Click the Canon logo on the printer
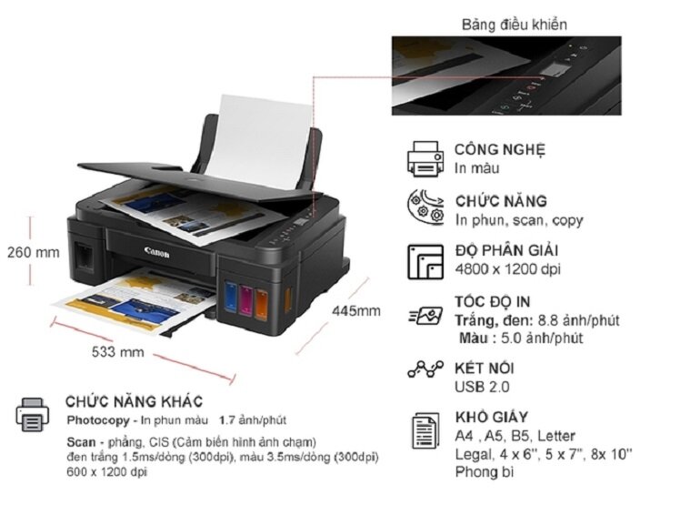[156, 253]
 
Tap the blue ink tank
[231, 297]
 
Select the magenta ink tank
[246, 300]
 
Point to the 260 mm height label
[34, 252]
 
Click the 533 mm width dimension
[118, 352]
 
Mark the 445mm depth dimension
[356, 311]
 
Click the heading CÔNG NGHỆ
[500, 150]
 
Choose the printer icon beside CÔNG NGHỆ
[425, 158]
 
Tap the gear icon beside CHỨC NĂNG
[425, 208]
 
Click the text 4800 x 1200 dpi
[508, 269]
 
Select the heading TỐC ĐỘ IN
[493, 301]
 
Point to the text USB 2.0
[482, 387]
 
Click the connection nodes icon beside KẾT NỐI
[425, 369]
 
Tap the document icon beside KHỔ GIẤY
[425, 430]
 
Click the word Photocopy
[98, 420]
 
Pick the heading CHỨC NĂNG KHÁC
[134, 401]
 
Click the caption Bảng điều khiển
[515, 25]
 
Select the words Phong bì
[485, 472]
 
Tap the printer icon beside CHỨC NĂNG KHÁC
[32, 415]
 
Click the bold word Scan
[81, 442]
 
